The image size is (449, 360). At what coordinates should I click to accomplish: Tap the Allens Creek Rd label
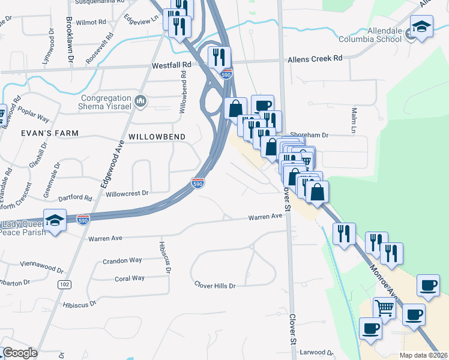[x=315, y=59]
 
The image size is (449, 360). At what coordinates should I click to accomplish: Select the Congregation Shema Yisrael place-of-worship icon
[x=141, y=100]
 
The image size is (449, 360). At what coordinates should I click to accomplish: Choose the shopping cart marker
[x=384, y=308]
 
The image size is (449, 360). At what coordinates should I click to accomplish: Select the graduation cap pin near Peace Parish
[x=55, y=220]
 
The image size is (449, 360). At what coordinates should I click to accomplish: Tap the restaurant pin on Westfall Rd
[x=219, y=57]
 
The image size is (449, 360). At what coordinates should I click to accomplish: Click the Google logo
[x=20, y=353]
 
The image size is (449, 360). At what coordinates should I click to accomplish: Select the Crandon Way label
[x=122, y=260]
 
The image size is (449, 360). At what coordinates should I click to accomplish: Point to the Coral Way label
[x=130, y=278]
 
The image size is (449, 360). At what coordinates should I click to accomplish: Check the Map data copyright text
[x=423, y=355]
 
